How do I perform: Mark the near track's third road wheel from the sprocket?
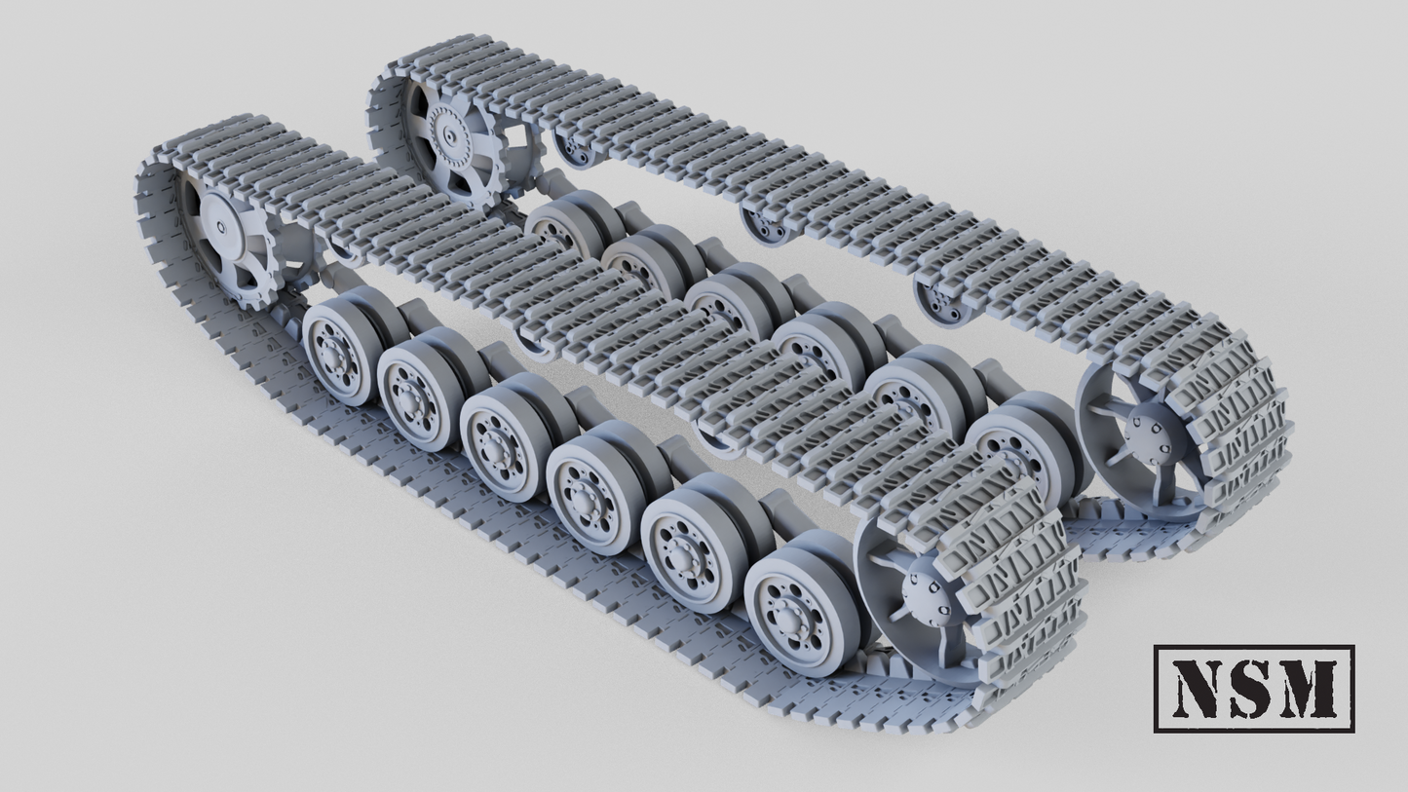pos(497,437)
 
